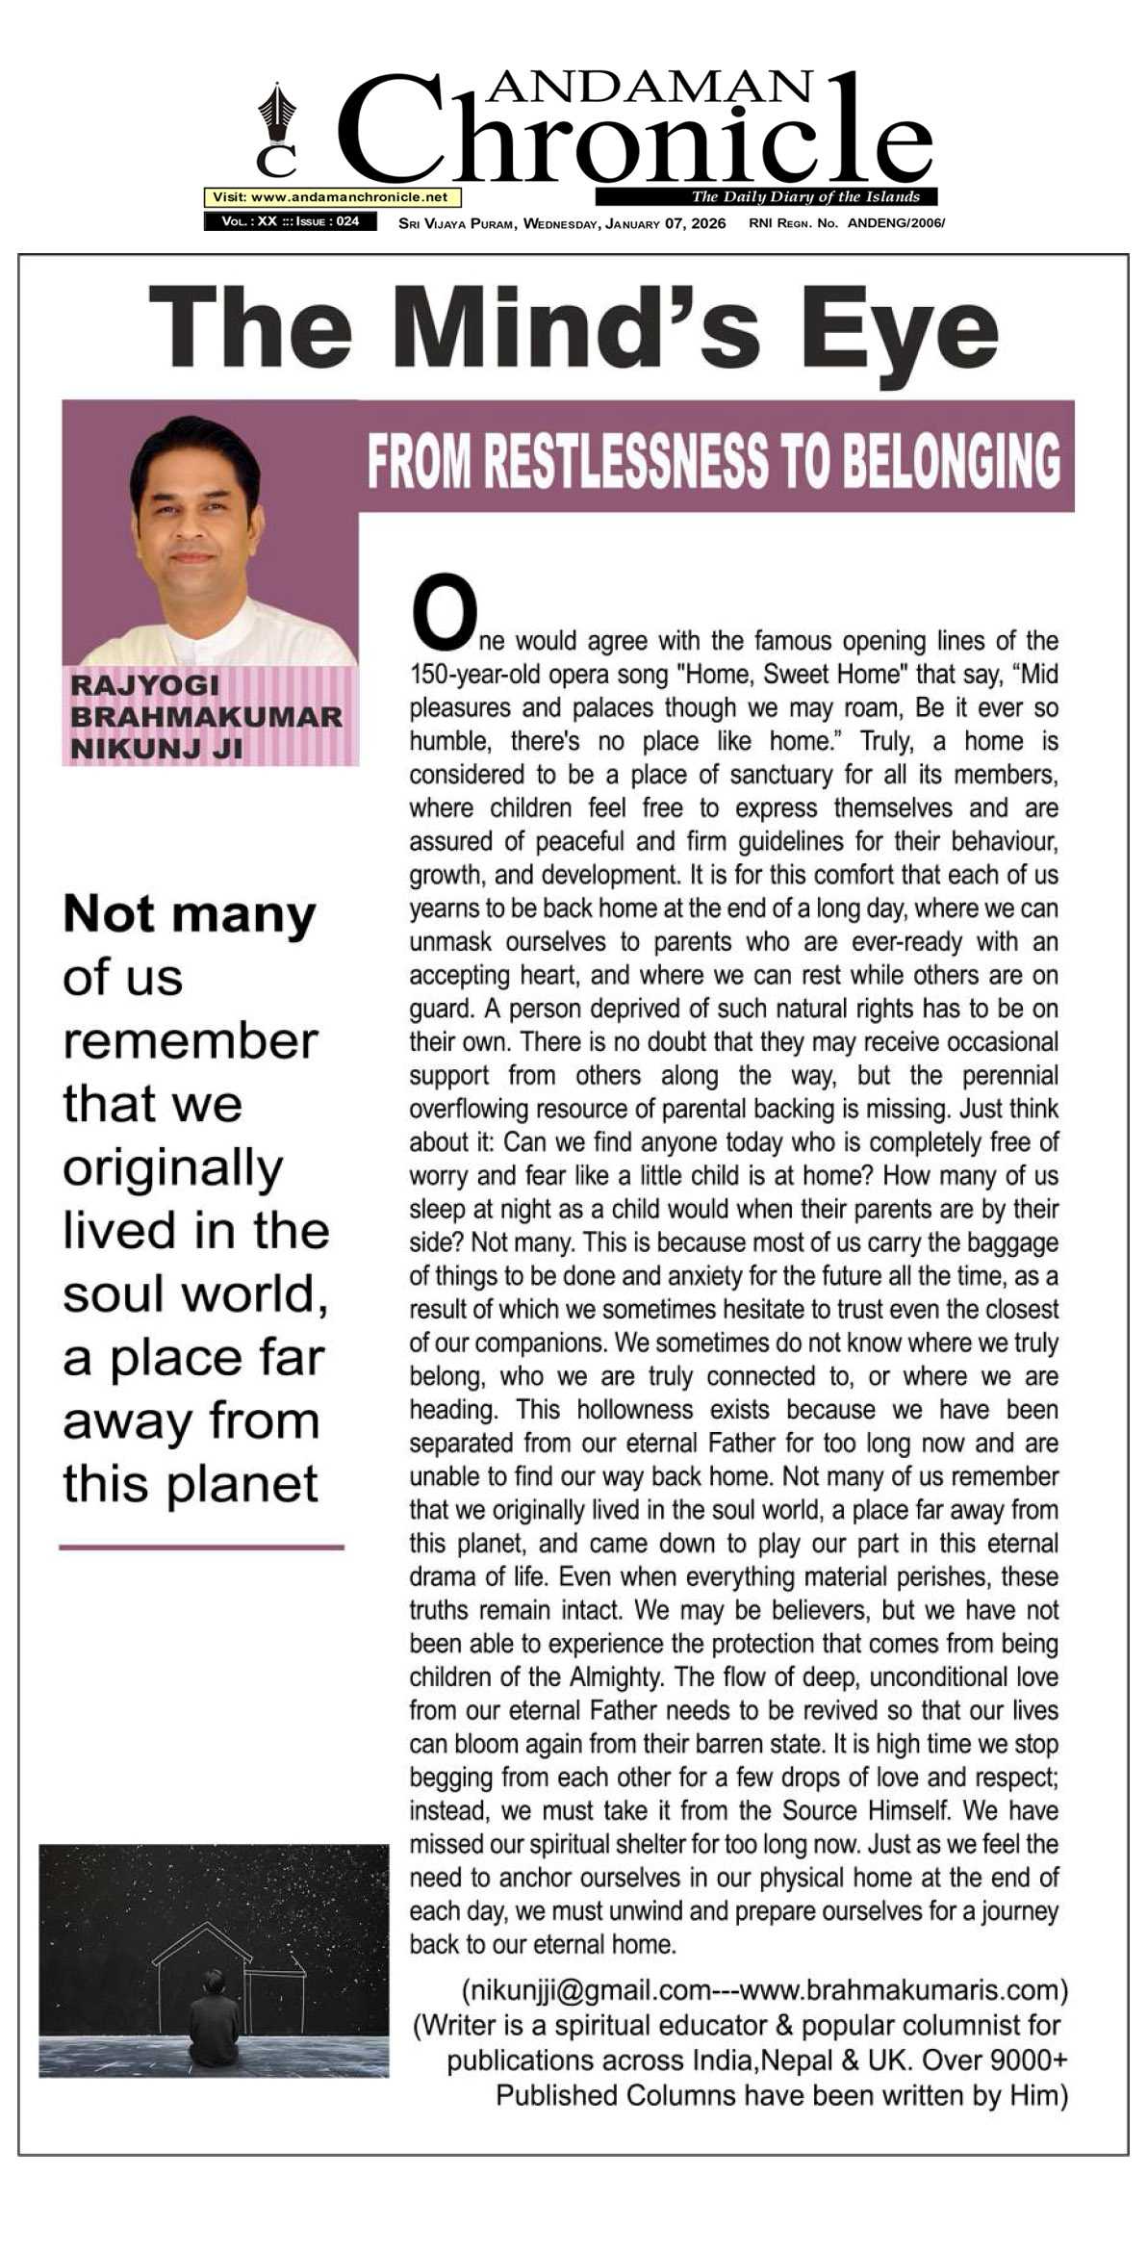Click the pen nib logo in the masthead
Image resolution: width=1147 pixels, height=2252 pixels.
[277, 113]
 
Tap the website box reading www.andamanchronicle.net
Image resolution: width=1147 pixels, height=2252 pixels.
[331, 197]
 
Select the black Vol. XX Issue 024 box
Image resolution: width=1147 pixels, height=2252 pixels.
[290, 221]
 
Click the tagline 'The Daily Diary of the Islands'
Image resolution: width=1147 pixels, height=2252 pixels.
[804, 197]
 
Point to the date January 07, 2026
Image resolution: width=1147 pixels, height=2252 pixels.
[666, 223]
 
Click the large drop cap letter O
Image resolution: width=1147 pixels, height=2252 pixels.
[444, 612]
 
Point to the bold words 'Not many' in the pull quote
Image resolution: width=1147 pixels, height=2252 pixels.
[189, 915]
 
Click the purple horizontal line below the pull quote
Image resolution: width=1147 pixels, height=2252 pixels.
[201, 1548]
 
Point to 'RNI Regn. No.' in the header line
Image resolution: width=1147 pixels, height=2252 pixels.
[794, 223]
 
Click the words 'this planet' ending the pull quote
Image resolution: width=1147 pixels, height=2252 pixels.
[190, 1485]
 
